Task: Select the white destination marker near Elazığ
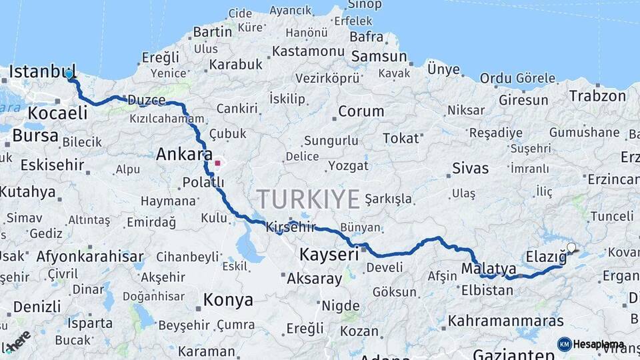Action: click(x=571, y=248)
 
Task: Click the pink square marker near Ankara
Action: click(x=217, y=162)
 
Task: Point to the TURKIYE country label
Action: click(x=308, y=199)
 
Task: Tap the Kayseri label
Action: click(x=329, y=253)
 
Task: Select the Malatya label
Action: click(x=489, y=269)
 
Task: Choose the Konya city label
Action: click(x=228, y=299)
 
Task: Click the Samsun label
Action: click(x=378, y=56)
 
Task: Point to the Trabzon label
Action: click(x=597, y=95)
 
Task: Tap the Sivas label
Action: click(x=470, y=168)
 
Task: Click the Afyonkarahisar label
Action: click(x=89, y=256)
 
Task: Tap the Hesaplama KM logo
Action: click(x=591, y=344)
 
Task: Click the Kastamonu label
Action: click(x=308, y=51)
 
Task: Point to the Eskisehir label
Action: click(x=52, y=165)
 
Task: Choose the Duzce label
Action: click(x=145, y=100)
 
